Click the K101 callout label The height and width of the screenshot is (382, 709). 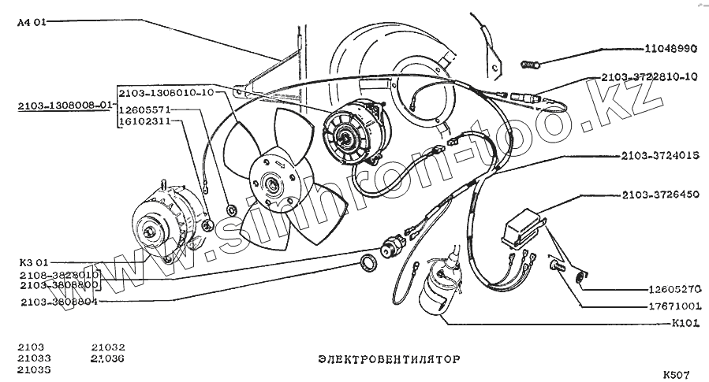click(x=685, y=323)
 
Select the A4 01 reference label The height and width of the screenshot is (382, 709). click(x=32, y=23)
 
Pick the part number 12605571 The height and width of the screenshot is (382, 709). click(x=144, y=111)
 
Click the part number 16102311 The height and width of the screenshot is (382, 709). click(x=144, y=123)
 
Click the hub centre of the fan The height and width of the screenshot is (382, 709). click(x=274, y=185)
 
